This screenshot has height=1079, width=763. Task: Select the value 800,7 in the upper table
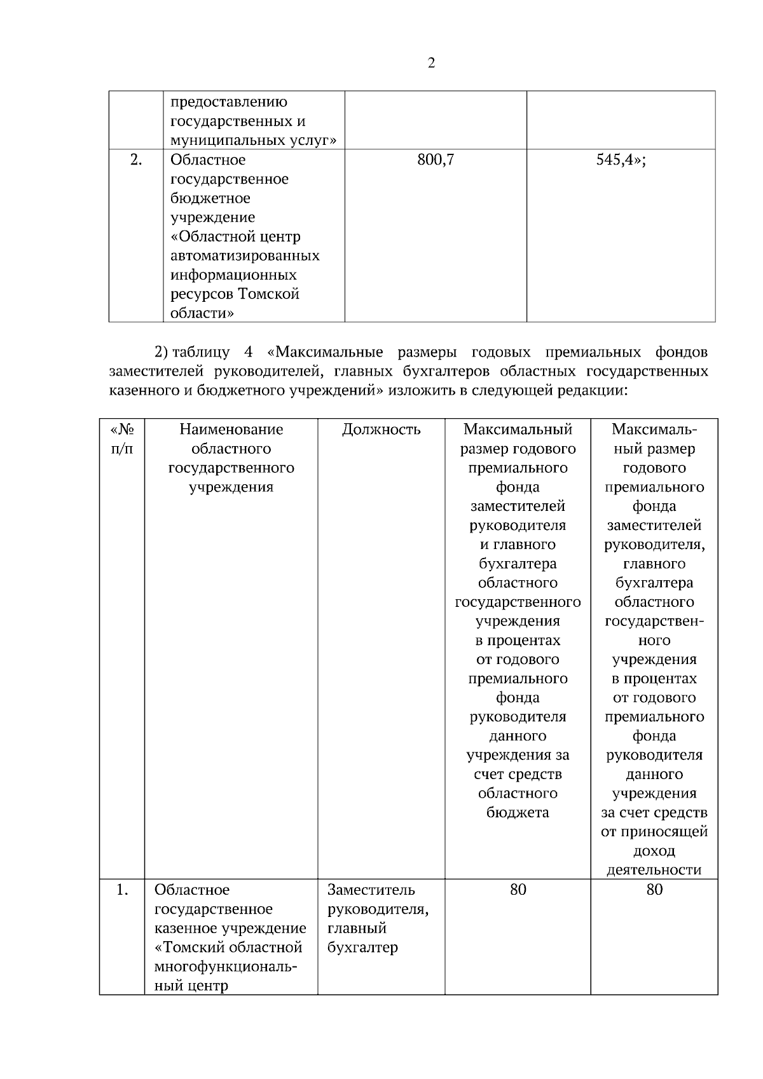pos(436,160)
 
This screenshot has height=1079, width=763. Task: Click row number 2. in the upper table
pos(136,160)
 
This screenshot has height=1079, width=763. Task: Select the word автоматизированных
pos(245,256)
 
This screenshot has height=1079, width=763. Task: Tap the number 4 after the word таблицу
pos(249,352)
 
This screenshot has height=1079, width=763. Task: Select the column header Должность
pos(381,430)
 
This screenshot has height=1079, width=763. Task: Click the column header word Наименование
pos(231,430)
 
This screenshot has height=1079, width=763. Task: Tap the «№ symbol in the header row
pos(122,430)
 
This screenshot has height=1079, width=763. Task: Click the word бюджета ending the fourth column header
pos(518,813)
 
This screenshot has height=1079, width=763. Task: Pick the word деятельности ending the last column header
pos(654,870)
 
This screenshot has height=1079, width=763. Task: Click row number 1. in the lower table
pos(123,890)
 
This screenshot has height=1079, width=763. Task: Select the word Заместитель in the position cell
pos(371,890)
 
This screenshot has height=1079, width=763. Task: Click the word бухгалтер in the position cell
pos(362,947)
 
